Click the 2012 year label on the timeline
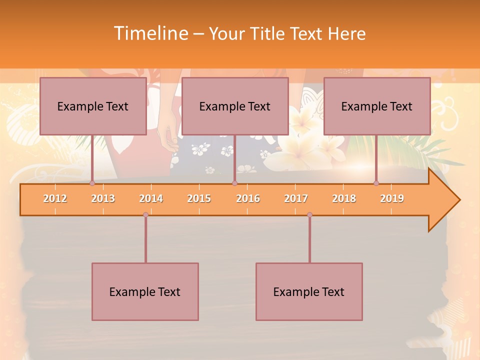tap(55, 198)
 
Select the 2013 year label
tap(103, 198)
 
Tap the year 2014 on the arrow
tap(151, 198)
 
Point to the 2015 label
tap(199, 198)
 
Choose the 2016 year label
tap(248, 198)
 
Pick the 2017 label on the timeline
tap(296, 198)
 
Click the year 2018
tap(344, 198)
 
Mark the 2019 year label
tap(392, 198)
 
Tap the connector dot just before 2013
tap(92, 183)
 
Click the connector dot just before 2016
tap(234, 183)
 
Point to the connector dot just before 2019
tap(376, 183)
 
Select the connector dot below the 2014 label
tap(145, 214)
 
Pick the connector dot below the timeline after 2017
tap(309, 214)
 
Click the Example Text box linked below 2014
tap(145, 291)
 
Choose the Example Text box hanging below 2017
tap(309, 291)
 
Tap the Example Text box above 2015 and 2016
tap(235, 106)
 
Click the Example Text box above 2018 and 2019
tap(377, 106)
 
